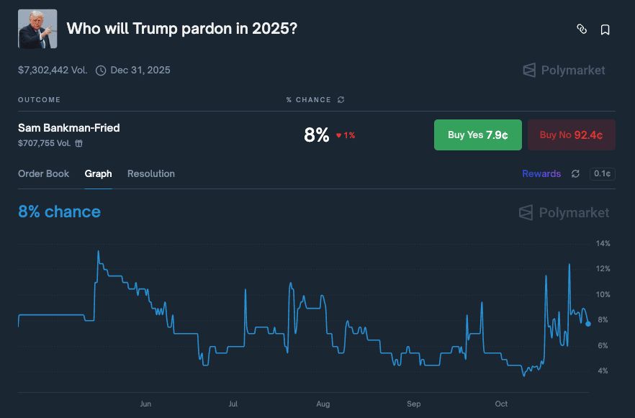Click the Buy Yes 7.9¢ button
(477, 135)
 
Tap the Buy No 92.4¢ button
(571, 135)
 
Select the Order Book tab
(44, 173)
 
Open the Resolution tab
(151, 173)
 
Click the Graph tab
(98, 173)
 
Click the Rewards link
(541, 173)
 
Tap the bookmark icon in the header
(605, 29)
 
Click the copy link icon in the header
(582, 29)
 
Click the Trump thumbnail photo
(37, 29)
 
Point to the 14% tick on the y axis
(603, 244)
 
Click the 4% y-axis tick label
(603, 371)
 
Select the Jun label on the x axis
(145, 404)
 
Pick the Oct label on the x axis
(501, 404)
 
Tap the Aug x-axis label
(323, 404)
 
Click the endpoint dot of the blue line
(588, 324)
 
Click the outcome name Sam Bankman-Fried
(69, 128)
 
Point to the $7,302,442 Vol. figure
(53, 71)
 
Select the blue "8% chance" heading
(60, 212)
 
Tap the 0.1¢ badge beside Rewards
(602, 173)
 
